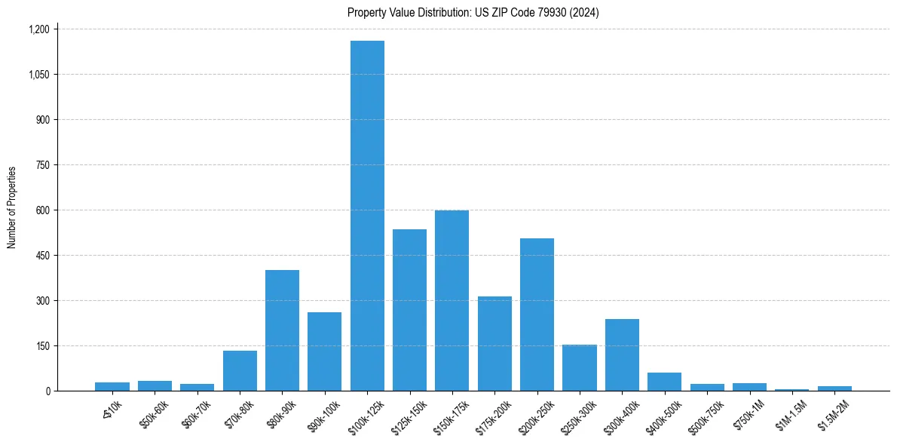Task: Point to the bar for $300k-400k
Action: click(622, 354)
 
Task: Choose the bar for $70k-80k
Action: click(240, 370)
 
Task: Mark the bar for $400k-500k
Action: click(664, 382)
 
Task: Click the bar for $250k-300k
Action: click(580, 367)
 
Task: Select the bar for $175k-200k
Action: click(494, 343)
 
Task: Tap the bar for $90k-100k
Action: click(325, 351)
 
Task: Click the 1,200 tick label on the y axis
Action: click(38, 29)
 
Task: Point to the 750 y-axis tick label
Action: click(42, 165)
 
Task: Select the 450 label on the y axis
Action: click(42, 256)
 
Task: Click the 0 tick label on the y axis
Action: click(47, 391)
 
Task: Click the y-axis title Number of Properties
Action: click(12, 207)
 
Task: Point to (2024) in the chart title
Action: click(585, 12)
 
